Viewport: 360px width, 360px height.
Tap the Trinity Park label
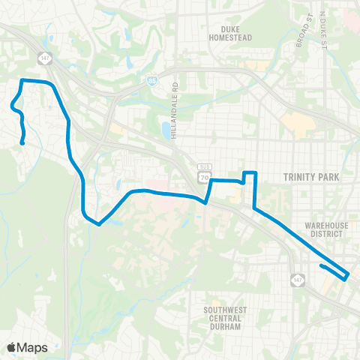tap(311, 177)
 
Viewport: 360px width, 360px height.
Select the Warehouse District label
tap(324, 229)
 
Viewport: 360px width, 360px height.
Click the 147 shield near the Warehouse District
tap(298, 280)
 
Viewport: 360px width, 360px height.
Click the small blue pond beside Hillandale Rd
tap(164, 130)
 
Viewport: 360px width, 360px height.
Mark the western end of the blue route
tap(22, 142)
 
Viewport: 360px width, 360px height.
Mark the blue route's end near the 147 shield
tap(320, 265)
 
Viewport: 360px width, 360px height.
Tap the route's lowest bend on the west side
tap(97, 223)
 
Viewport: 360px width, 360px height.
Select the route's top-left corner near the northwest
tap(22, 80)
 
